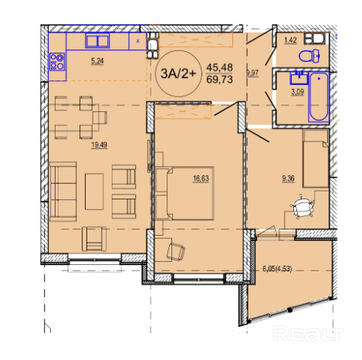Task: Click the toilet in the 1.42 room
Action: pos(310,56)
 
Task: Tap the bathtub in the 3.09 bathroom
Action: pos(319,97)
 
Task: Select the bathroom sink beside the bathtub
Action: pos(299,78)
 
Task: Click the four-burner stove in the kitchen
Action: pos(57,62)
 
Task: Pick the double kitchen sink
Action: pos(97,41)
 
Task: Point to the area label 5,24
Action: pos(97,61)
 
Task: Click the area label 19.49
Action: pos(99,145)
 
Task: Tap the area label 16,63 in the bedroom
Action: pos(201,178)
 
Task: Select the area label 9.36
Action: pos(288,178)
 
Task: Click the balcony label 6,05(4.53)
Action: pos(277,269)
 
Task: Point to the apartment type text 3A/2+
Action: pos(178,74)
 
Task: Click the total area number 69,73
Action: pos(219,80)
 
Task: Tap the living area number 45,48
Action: pos(219,67)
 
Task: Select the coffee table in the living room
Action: pos(94,192)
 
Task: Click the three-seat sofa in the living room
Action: pos(63,192)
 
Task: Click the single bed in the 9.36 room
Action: pos(316,158)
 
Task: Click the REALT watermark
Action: pos(308,334)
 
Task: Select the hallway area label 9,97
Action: pos(252,73)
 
